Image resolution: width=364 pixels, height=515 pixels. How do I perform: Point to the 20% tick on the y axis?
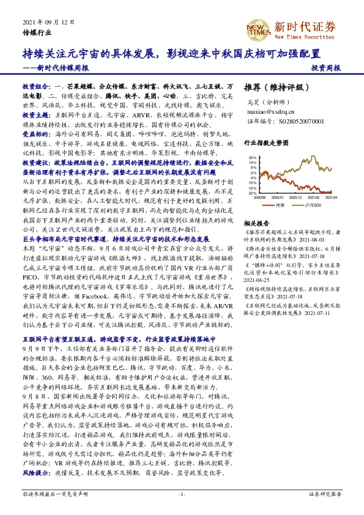tap(253, 158)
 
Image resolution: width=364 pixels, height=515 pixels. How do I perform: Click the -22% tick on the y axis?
tap(252, 193)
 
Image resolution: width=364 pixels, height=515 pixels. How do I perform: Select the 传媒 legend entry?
tap(281, 205)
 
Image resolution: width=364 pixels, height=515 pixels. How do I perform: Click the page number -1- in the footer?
tap(182, 494)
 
